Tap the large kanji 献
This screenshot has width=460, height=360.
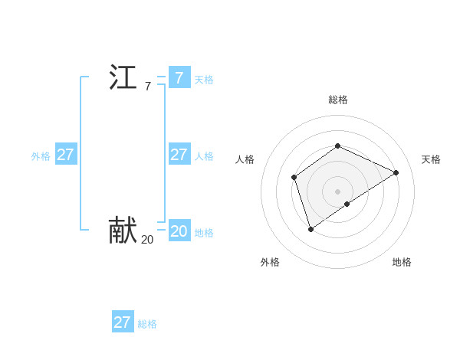pos(123,230)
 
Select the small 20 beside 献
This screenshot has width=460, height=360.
pos(147,240)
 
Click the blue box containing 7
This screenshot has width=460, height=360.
pos(179,78)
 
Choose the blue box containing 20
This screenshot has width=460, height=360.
pos(179,231)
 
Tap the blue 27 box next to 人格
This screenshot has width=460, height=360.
pos(179,155)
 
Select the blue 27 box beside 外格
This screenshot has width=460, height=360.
pos(65,155)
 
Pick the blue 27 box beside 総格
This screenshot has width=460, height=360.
pos(122,322)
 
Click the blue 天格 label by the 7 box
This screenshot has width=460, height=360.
pos(204,80)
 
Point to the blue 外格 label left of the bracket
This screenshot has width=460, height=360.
pos(41,156)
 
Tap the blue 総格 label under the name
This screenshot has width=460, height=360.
pos(147,324)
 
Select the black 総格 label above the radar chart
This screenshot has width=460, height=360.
pos(337,100)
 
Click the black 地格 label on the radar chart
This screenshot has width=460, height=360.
pos(402,262)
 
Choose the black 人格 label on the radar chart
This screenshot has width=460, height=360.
pos(245,159)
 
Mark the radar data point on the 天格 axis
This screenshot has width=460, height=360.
pos(396,172)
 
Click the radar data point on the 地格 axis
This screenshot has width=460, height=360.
pos(347,204)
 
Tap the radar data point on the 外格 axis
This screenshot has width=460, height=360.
pos(310,228)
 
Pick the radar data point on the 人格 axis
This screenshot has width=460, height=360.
pos(294,178)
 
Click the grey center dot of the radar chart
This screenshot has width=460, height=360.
pos(337,191)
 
